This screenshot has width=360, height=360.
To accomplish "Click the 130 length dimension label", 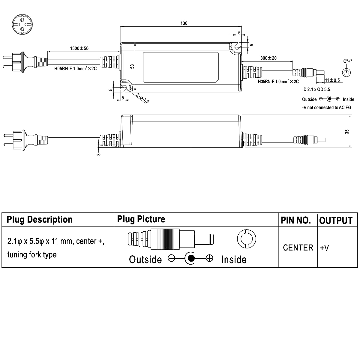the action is [184, 23].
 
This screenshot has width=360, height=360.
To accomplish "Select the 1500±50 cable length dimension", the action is [79, 48].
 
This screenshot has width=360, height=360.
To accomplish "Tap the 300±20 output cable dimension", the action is [268, 58].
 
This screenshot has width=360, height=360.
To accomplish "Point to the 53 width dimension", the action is [132, 67].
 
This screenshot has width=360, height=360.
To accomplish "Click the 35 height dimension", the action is [347, 132].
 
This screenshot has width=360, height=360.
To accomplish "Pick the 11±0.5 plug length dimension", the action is [332, 80].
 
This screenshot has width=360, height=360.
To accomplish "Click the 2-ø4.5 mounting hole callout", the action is [143, 98].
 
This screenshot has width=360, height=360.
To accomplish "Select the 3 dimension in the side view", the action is [99, 154].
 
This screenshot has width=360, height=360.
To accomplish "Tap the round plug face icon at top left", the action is [22, 24].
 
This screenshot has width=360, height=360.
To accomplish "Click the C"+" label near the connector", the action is [347, 61].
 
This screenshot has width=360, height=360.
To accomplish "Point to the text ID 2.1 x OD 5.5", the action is [316, 89].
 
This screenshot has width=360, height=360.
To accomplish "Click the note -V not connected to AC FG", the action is [327, 108].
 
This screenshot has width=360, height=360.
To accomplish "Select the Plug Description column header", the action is [40, 220].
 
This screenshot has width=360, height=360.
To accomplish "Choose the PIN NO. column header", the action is [296, 220].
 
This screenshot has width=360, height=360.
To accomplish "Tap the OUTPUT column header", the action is [336, 220].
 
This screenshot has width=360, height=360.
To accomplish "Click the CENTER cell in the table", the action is [298, 248].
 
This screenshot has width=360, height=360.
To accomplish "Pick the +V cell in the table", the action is [324, 248].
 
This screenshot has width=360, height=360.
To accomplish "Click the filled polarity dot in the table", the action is [191, 258].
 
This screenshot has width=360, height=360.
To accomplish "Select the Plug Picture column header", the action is [141, 219].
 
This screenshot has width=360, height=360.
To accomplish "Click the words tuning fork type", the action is [32, 255].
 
